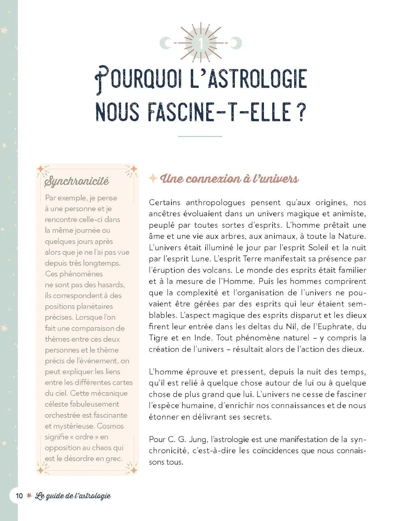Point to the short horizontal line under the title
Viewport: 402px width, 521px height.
tap(200, 137)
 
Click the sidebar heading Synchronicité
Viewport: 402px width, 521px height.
tap(77, 181)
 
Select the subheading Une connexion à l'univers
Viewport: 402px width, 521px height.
tap(229, 179)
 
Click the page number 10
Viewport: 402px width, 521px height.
tap(19, 496)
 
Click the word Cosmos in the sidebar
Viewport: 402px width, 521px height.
tap(110, 426)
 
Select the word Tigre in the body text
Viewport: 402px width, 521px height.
tap(159, 338)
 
